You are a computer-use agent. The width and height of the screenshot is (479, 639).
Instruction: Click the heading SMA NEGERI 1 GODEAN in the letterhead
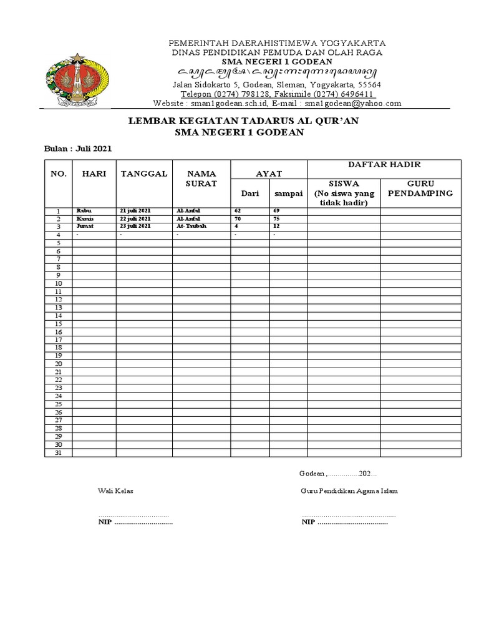278,63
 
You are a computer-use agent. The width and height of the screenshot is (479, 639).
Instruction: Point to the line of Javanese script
278,74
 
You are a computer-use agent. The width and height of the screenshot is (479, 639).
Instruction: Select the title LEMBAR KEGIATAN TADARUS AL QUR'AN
243,121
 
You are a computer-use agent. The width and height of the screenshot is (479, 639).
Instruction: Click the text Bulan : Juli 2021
78,149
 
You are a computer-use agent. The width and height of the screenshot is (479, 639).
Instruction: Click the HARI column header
94,173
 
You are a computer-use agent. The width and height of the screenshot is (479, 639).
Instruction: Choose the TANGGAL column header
144,173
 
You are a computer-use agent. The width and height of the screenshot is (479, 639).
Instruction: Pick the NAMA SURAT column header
201,178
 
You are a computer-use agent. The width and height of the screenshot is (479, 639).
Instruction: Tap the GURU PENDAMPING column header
420,189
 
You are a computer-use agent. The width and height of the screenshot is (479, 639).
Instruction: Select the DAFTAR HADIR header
384,165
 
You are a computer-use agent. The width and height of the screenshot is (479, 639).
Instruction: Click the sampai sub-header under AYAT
289,194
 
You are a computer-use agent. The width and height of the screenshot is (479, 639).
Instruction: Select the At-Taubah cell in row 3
191,227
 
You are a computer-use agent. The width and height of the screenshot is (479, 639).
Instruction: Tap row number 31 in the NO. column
58,453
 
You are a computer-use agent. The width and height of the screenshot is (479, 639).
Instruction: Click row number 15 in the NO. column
58,324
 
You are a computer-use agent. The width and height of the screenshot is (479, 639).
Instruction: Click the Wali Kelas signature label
115,491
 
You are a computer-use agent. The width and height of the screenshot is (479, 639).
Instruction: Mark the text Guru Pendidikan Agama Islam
349,491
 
